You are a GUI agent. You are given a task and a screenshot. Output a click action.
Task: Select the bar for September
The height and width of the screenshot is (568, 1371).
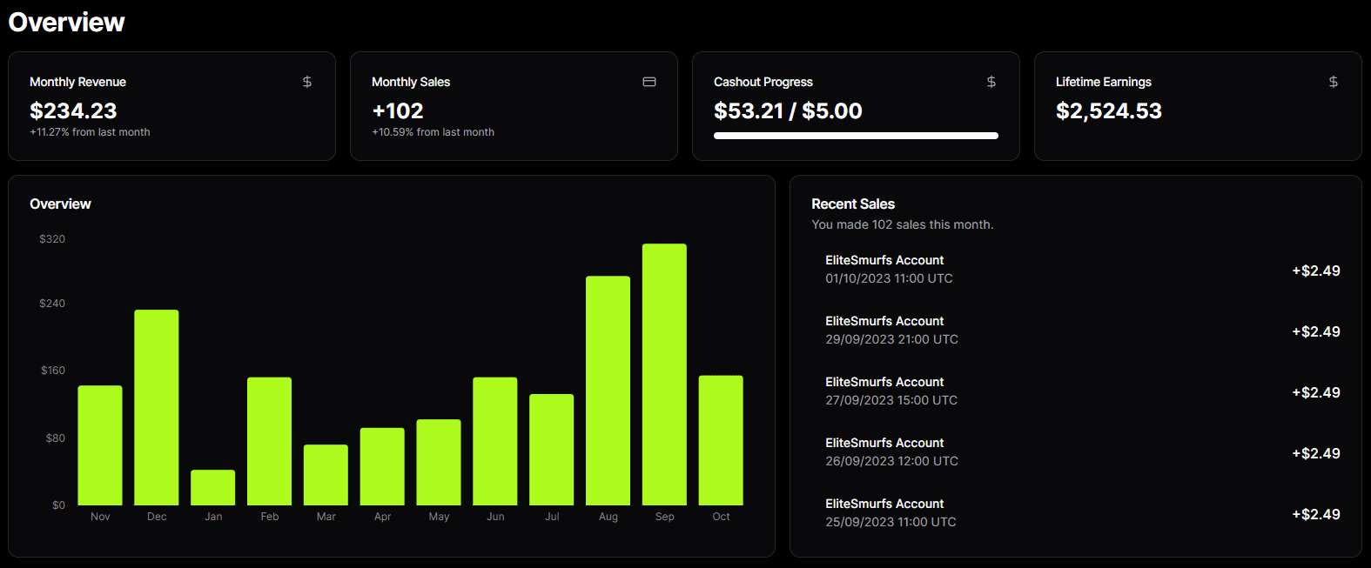pos(664,374)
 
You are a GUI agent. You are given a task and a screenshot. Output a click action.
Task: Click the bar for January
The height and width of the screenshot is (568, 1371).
pos(213,487)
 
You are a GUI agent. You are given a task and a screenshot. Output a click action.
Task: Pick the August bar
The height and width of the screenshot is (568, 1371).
pos(608,391)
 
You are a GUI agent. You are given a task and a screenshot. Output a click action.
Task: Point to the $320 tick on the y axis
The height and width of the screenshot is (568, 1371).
pos(52,239)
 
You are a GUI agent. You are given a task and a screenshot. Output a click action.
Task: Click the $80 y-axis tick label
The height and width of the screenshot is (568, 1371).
pos(55,438)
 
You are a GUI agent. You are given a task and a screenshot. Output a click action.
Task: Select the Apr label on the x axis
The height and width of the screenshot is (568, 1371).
pos(382,517)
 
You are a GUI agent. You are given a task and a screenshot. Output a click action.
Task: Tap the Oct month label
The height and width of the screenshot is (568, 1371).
pos(721,517)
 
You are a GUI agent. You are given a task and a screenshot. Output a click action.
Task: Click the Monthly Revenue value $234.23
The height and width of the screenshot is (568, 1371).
pos(73,110)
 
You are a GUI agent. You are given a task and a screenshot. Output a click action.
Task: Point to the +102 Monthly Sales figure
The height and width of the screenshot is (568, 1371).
pos(398,110)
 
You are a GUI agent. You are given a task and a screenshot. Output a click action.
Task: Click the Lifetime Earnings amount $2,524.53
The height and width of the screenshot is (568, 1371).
pos(1108,110)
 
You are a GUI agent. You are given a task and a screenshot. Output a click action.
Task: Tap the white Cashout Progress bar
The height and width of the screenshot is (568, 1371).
pos(856,136)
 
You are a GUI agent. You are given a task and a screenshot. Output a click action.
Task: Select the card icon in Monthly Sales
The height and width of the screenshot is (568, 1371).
pos(649,82)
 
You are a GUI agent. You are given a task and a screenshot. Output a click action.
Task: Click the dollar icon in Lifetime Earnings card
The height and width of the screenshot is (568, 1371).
pos(1333,82)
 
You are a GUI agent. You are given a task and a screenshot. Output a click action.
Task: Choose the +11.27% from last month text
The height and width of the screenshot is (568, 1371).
pos(90,132)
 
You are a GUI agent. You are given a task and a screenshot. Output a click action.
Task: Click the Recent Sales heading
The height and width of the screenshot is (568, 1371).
pos(853,204)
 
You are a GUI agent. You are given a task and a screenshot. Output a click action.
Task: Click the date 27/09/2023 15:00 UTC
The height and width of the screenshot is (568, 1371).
pos(891,400)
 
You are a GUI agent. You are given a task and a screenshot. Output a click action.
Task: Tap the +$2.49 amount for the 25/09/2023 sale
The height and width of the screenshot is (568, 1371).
pos(1315,514)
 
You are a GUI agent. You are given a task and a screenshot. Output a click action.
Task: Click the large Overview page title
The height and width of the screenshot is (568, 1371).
pos(67,22)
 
